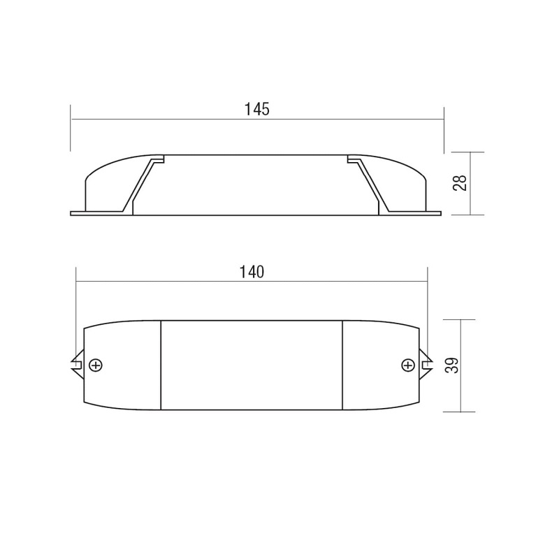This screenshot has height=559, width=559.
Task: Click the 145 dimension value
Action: (x=256, y=109)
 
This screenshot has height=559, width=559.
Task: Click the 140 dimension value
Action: (x=252, y=272)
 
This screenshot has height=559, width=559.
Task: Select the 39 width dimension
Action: (x=452, y=365)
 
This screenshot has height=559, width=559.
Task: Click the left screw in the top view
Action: (x=96, y=365)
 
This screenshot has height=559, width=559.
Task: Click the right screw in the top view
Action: (x=408, y=365)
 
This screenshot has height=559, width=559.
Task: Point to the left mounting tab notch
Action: (x=78, y=365)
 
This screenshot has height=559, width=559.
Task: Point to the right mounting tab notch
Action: (x=426, y=365)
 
